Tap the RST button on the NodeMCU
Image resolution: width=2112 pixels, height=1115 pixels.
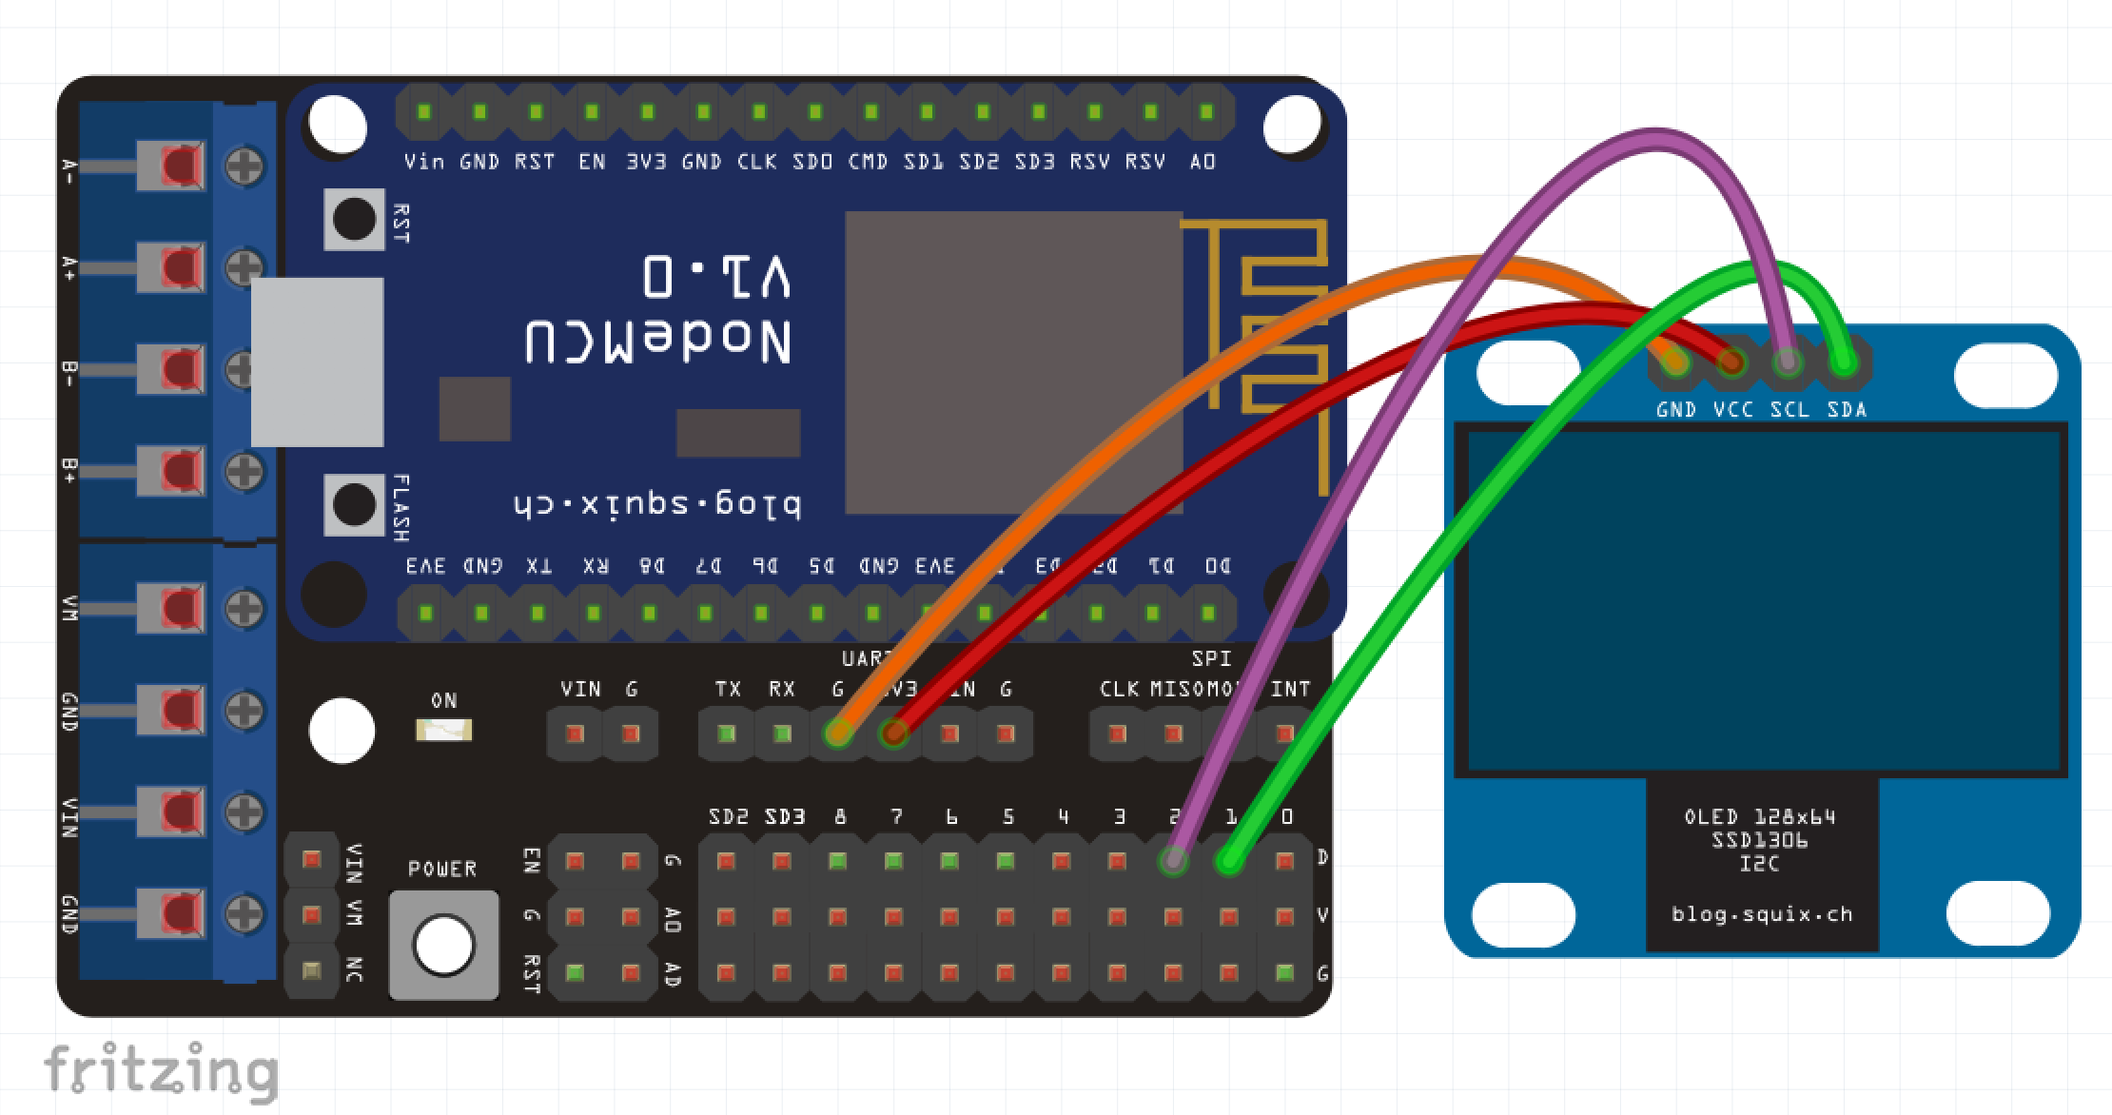354,220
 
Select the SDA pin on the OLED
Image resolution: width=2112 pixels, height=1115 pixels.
1844,362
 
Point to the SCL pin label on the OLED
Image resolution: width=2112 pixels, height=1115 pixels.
1789,410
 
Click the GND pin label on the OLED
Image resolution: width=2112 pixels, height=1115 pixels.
1675,410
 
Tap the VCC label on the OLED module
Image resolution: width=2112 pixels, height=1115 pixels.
1732,410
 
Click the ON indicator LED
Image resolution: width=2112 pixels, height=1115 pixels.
443,731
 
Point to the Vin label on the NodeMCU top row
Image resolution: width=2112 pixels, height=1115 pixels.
423,163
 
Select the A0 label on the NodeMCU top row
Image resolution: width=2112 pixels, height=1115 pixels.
1203,163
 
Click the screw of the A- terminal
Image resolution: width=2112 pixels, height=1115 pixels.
244,166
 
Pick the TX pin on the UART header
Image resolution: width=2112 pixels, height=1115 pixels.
727,734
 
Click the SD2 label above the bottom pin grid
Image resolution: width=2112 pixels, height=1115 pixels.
728,817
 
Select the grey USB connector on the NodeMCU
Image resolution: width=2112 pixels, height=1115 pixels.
317,362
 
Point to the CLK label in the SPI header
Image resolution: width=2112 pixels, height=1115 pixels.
1119,690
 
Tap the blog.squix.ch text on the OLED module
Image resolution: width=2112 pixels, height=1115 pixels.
1762,915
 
